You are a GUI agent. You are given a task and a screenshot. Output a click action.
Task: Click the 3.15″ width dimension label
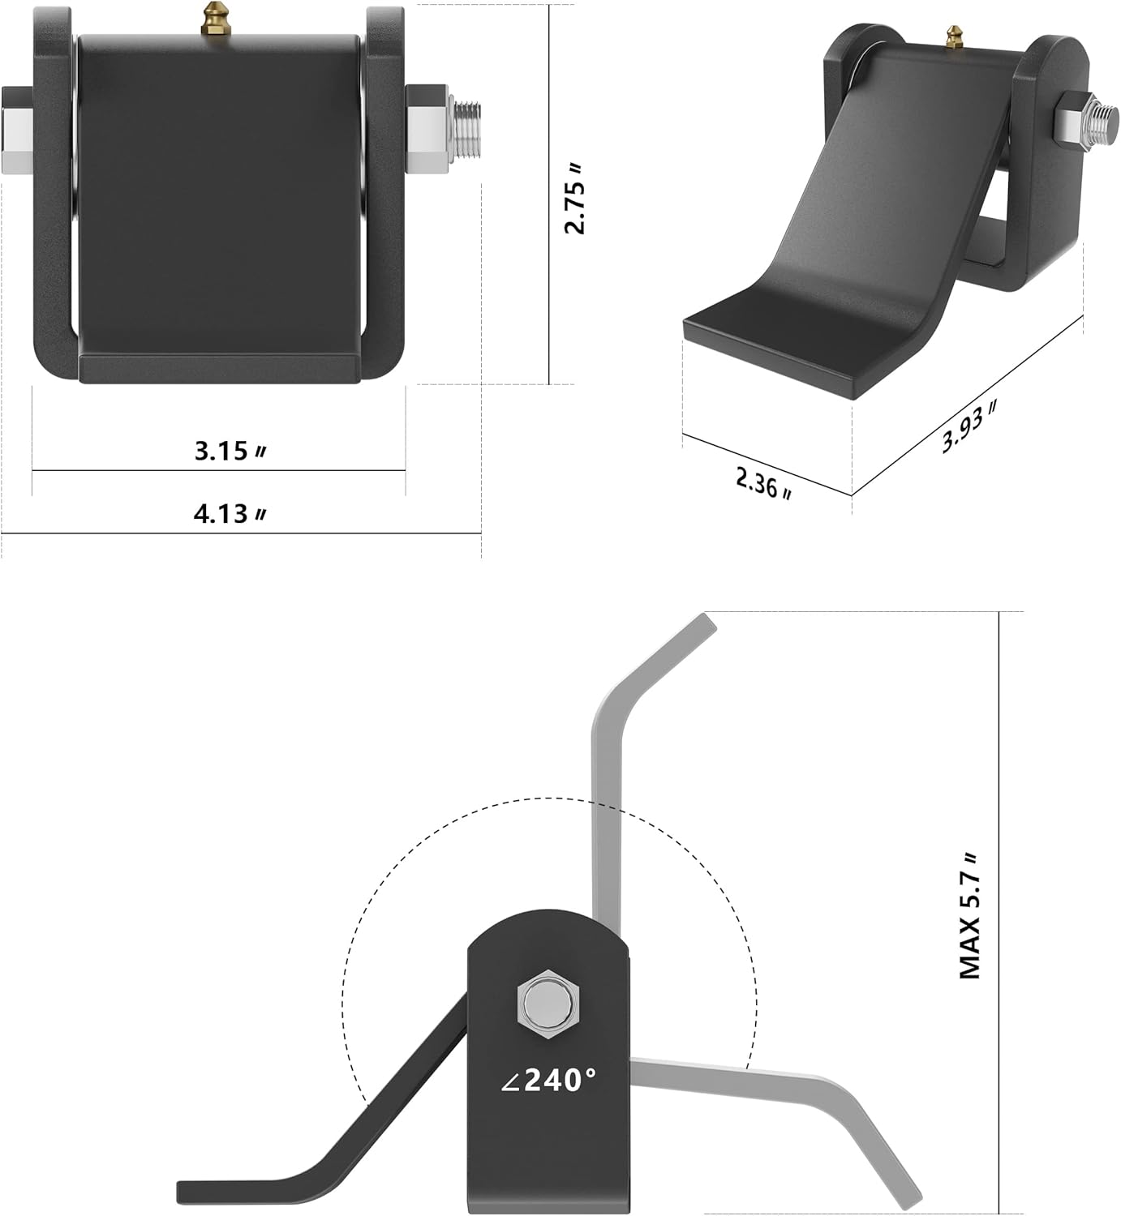[x=230, y=451]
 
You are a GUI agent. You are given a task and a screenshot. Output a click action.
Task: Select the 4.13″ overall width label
[x=230, y=514]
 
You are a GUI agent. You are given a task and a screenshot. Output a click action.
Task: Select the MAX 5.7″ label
[x=970, y=916]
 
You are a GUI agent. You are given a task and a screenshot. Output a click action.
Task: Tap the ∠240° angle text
[x=549, y=1080]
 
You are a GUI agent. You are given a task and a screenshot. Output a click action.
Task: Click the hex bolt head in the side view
[x=548, y=1005]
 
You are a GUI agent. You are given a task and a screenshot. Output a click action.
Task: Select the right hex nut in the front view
[x=427, y=130]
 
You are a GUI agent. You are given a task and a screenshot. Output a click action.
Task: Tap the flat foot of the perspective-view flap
[x=771, y=340]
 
